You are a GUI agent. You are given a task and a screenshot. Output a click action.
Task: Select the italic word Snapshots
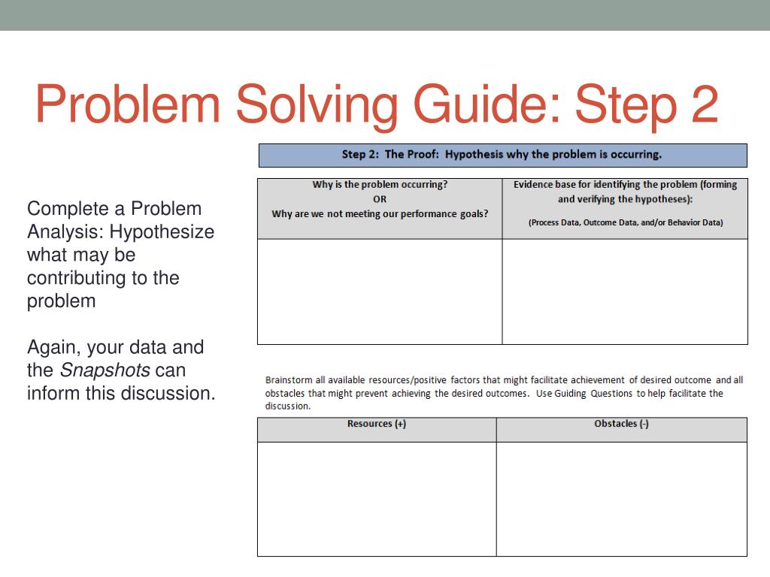click(105, 370)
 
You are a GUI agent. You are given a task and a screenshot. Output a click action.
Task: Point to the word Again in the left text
click(53, 348)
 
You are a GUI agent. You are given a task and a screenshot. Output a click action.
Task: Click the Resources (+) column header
click(377, 424)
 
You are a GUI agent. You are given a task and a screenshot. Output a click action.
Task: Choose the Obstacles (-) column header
click(621, 424)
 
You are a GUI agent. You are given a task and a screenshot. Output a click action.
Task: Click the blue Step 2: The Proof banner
click(502, 155)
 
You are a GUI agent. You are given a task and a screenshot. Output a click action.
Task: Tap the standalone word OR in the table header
click(380, 199)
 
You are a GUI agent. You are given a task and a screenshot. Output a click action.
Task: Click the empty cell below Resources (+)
click(377, 498)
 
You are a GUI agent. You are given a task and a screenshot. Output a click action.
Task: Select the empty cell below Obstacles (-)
click(621, 498)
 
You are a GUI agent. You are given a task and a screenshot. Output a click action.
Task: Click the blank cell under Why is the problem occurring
click(380, 292)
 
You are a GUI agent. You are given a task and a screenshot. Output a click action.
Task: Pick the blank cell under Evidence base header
click(625, 292)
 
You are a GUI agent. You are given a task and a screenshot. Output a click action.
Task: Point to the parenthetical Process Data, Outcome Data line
click(625, 222)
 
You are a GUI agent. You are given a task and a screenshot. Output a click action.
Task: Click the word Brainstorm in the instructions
click(289, 380)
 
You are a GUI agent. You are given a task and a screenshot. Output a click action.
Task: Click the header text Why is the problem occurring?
click(380, 185)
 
